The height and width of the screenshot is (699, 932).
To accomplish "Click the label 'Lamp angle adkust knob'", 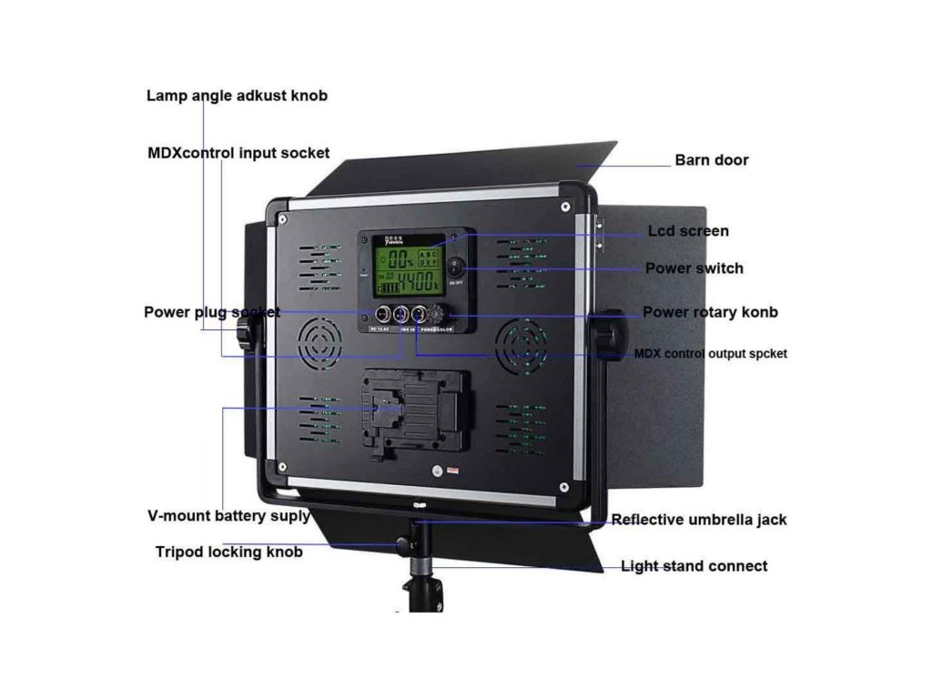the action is coord(237,96).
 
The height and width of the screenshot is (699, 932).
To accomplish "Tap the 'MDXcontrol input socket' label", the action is coord(238,153).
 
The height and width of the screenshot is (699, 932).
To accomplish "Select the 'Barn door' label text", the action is coord(711,160).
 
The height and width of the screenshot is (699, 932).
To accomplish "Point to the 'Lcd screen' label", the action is coord(687,231).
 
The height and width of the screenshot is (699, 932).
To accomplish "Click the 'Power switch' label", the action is coord(694,268).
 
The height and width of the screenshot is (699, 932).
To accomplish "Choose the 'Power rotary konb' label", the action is coord(710,312).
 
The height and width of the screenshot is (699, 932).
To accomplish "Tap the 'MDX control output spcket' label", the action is coord(710,353).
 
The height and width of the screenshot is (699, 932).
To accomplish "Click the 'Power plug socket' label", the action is coord(211,312).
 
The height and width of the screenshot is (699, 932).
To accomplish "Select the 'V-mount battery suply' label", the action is coord(228,516).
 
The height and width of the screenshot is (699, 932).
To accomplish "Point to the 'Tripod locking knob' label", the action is coord(228,552).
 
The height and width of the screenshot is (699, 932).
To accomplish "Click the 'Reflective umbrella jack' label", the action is coord(698,520).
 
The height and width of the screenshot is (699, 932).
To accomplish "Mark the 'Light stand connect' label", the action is coord(694,566).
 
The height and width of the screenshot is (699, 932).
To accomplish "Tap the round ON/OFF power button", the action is coord(454,268).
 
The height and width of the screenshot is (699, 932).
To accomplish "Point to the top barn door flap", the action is coord(464,168).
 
